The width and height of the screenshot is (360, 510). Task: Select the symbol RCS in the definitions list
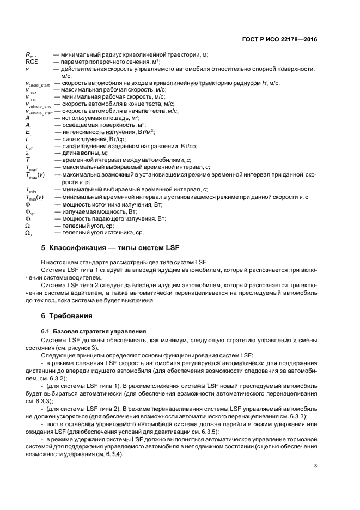(x=32, y=62)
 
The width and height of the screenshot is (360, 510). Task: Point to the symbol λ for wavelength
(x=27, y=153)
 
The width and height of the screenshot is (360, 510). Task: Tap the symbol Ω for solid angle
(x=28, y=224)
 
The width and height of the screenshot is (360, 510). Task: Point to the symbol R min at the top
(x=30, y=54)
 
